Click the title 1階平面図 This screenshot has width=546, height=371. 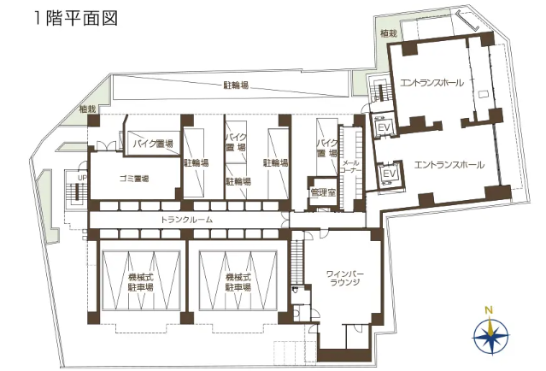(x=76, y=18)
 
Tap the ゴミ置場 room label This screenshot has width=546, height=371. (x=134, y=179)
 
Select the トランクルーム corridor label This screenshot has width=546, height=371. (x=186, y=220)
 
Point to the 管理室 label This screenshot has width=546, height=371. (x=323, y=192)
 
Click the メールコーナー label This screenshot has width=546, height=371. (x=352, y=167)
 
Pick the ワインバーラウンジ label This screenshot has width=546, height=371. (x=344, y=278)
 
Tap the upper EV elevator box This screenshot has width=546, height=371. (x=384, y=127)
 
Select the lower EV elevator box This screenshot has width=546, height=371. (x=390, y=174)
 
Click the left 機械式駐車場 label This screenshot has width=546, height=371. (x=141, y=282)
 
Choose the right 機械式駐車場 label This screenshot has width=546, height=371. (x=238, y=282)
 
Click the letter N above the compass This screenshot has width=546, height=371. (x=490, y=310)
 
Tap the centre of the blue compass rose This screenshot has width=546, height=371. (x=490, y=336)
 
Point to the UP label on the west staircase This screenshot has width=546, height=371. (x=82, y=178)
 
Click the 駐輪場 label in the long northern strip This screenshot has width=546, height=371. (x=236, y=85)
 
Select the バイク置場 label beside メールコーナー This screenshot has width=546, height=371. (x=327, y=148)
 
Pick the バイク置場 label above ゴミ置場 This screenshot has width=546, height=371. (x=153, y=144)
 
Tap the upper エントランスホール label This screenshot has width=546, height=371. (x=432, y=83)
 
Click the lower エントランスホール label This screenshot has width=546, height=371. (x=449, y=164)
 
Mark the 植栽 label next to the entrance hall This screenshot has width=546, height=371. (x=389, y=33)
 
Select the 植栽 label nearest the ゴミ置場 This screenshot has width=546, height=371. (x=87, y=109)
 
